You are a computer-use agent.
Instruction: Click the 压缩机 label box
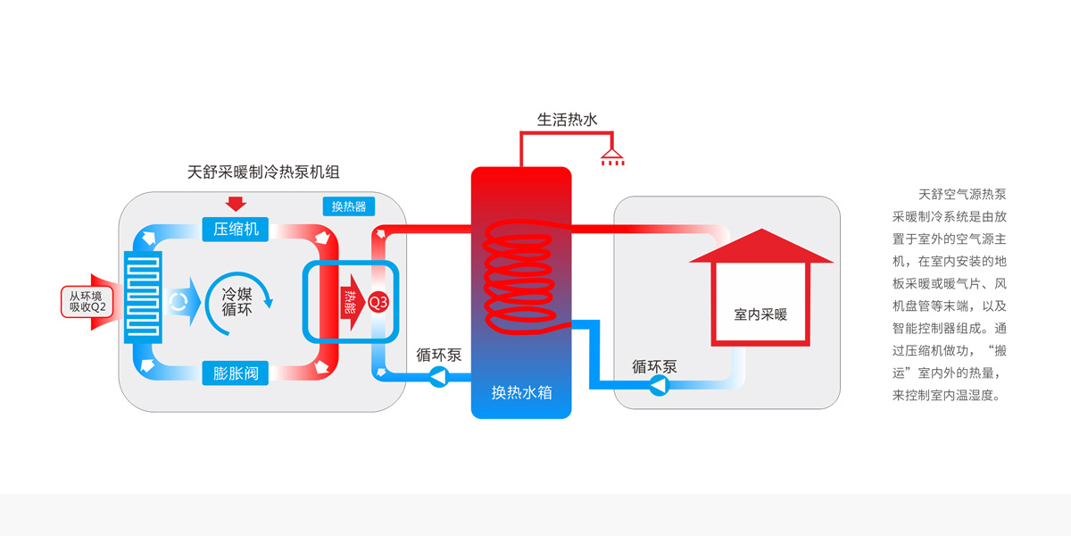coord(236,229)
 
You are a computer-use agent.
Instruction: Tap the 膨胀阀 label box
coord(236,373)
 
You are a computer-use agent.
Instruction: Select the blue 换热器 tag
coord(349,207)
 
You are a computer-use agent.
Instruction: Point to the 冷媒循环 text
coord(237,302)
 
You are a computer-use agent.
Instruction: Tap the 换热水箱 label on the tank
coord(520,391)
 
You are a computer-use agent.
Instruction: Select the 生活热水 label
coord(567,119)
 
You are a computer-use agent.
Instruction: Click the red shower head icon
coord(612,158)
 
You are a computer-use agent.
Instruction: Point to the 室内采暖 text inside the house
coord(760,314)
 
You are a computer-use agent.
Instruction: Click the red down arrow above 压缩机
coord(236,203)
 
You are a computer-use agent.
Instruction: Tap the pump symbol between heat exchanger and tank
coord(438,377)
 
